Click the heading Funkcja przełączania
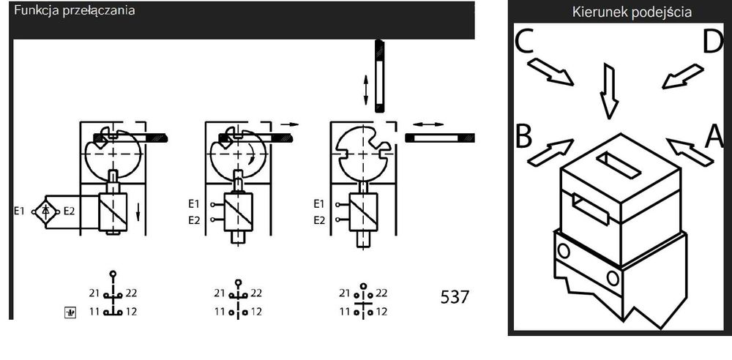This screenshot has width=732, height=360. click(75, 11)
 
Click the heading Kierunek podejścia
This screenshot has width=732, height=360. click(632, 12)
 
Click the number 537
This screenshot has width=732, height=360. click(455, 297)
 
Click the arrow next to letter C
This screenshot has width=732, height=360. click(551, 72)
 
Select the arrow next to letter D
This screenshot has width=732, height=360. click(682, 76)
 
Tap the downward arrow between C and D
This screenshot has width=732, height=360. click(609, 91)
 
